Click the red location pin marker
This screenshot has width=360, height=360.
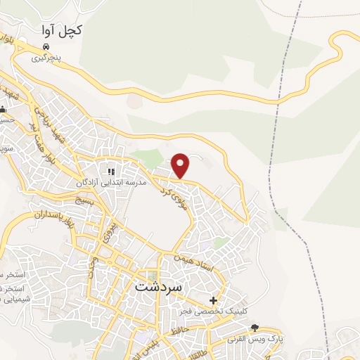181,165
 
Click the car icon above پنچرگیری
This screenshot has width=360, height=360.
46,47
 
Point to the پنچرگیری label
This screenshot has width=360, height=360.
46,59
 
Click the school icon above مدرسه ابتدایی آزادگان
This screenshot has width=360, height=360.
110,171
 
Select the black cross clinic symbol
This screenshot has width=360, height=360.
213,300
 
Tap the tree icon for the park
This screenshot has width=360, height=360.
255,328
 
